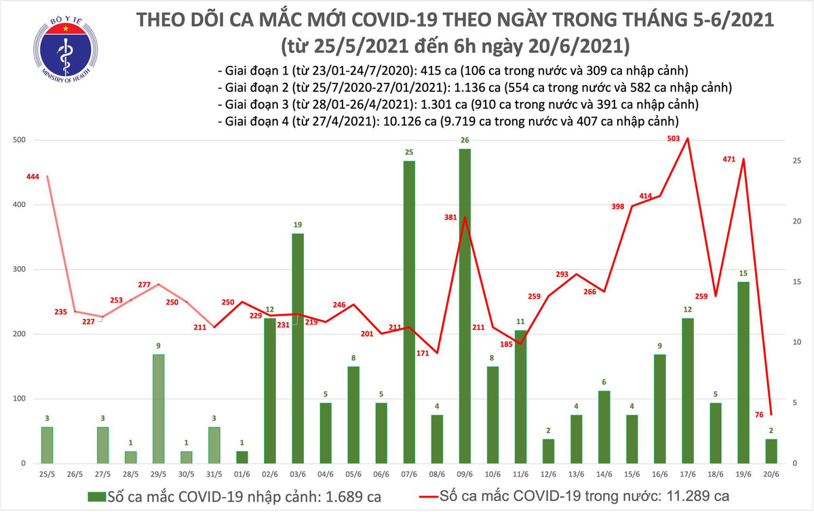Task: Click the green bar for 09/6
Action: pyautogui.click(x=465, y=306)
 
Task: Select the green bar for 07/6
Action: pyautogui.click(x=410, y=312)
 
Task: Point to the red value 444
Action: pyautogui.click(x=33, y=177)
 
